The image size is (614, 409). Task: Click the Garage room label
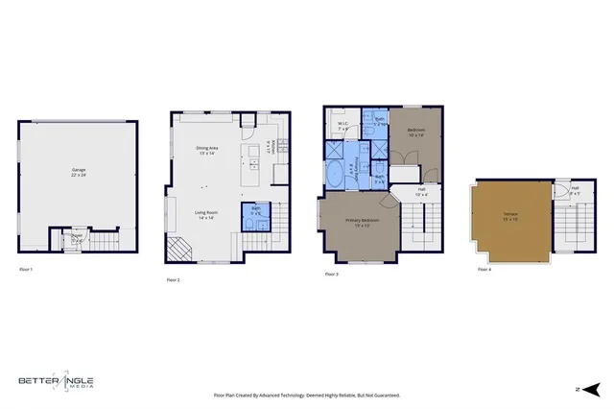79,173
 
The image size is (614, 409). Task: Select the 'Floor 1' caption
26,270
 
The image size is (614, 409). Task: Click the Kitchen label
273,148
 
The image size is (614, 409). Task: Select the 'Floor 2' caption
174,279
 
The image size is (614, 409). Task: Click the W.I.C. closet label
342,125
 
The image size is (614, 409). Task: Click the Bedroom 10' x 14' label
415,132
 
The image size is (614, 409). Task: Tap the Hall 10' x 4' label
421,191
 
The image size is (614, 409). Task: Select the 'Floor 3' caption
331,275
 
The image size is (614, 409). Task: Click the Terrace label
509,217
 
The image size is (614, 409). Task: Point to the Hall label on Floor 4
575,191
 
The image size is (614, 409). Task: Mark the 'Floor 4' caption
484,270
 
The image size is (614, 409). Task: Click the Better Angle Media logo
57,382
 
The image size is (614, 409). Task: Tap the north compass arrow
592,389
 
